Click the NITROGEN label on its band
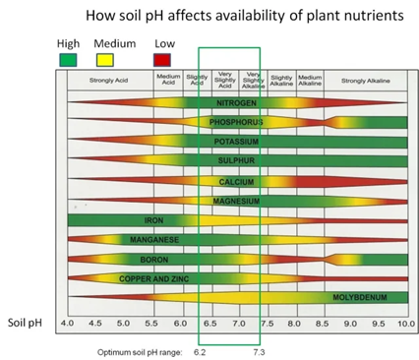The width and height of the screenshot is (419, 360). pos(234,103)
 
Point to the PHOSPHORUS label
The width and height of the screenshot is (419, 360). pos(234,122)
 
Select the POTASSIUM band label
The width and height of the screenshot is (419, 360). pos(234,142)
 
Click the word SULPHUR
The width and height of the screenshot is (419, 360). pos(234,161)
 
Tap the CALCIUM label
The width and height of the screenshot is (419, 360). pos(234,181)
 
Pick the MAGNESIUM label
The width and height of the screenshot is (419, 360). pos(234,201)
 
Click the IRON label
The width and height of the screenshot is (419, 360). pos(153,220)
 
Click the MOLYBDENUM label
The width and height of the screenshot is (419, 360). pos(357,297)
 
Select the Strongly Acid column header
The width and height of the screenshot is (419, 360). pos(107,81)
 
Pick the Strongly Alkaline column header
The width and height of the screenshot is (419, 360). pos(366,81)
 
